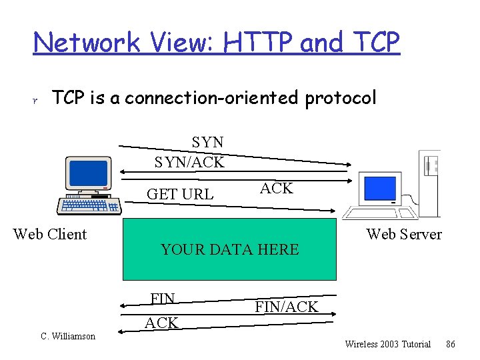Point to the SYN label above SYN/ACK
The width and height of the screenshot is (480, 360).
(207, 142)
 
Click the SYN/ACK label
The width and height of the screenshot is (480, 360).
(189, 162)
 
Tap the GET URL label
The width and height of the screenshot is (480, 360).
(180, 194)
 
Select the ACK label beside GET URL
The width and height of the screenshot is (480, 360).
(276, 188)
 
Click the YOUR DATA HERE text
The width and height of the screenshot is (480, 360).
(229, 250)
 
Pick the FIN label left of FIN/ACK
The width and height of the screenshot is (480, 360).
(163, 298)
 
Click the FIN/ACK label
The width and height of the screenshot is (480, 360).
(286, 307)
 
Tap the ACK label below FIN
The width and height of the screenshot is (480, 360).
(161, 323)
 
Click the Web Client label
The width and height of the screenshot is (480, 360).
(50, 234)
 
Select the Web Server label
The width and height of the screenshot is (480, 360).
(404, 234)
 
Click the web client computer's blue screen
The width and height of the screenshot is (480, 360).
(88, 173)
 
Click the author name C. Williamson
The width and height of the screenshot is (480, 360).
(68, 336)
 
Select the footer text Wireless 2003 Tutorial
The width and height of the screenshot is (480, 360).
(387, 344)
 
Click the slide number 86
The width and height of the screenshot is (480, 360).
(451, 344)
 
